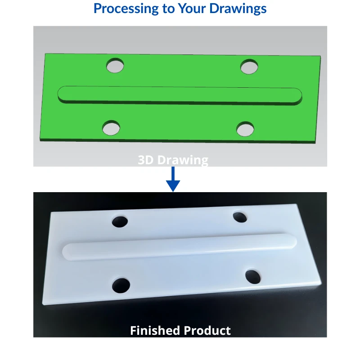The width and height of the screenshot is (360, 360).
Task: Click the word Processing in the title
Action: [126, 9]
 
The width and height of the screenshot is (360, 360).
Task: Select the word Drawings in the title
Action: [238, 9]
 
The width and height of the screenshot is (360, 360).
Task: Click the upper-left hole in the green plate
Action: [115, 65]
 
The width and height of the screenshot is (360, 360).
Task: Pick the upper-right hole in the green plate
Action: [249, 67]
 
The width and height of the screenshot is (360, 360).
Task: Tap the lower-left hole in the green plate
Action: [111, 128]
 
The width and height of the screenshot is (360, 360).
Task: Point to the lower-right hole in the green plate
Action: [245, 129]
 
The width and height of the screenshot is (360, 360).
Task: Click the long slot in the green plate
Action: [180, 95]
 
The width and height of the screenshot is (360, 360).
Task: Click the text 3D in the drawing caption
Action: [145, 160]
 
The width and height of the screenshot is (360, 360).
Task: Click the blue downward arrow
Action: [173, 179]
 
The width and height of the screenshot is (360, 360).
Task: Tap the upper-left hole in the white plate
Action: [120, 221]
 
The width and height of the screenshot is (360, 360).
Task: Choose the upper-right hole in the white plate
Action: [240, 217]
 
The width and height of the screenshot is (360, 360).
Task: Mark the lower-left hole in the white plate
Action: [121, 285]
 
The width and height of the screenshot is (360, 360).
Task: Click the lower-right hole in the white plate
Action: [253, 277]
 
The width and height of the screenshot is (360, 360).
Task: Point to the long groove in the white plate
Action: [179, 247]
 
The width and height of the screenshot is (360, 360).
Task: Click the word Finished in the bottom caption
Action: [155, 331]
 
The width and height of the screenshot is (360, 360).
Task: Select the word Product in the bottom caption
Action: [207, 331]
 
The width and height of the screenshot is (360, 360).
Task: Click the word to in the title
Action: [168, 9]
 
